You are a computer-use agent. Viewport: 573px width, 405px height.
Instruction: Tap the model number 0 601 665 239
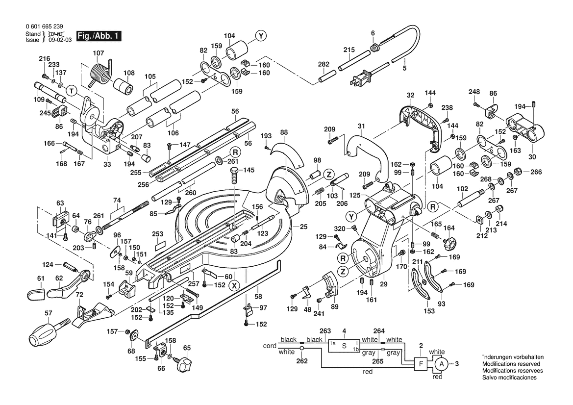tap(44, 26)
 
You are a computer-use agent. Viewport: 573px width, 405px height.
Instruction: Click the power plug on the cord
tap(358, 77)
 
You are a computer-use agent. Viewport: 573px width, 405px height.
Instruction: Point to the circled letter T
tap(72, 91)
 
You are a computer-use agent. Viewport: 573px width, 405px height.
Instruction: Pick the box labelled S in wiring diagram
tap(344, 346)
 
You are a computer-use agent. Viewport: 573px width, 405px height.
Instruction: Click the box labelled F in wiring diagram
tap(420, 364)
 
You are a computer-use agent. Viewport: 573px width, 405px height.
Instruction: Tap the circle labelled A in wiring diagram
tap(441, 364)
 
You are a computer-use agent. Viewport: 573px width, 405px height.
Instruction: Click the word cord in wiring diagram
tap(270, 346)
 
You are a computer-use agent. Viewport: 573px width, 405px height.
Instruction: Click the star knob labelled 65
tap(185, 365)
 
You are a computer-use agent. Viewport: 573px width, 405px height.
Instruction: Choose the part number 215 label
tap(349, 50)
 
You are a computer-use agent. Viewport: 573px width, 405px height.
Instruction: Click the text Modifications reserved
tap(511, 364)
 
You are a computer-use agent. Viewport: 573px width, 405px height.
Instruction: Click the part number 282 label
tap(324, 64)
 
